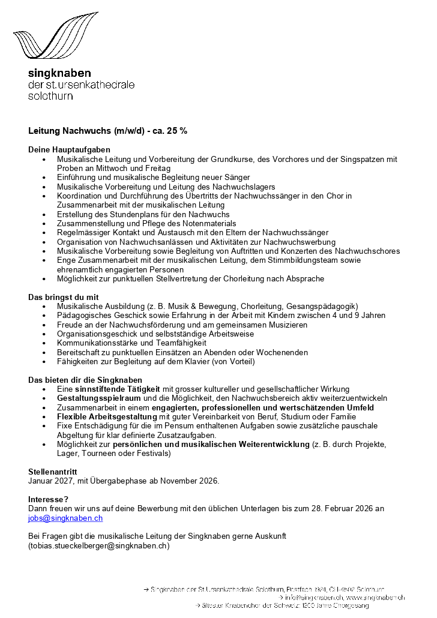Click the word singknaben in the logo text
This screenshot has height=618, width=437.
pyautogui.click(x=59, y=73)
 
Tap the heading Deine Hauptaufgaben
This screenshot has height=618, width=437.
pyautogui.click(x=69, y=149)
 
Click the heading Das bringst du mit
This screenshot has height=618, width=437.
pyautogui.click(x=63, y=297)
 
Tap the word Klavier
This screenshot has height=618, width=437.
pyautogui.click(x=185, y=361)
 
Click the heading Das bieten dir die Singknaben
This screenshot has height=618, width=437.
pyautogui.click(x=85, y=380)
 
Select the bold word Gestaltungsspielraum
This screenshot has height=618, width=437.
pyautogui.click(x=98, y=398)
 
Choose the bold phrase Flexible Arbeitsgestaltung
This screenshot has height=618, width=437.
pyautogui.click(x=107, y=416)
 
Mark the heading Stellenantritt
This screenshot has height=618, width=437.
pyautogui.click(x=53, y=472)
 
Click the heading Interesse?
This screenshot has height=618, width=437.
pyautogui.click(x=49, y=499)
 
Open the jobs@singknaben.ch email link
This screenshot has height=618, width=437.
pyautogui.click(x=65, y=518)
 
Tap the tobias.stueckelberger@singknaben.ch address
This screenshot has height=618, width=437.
pyautogui.click(x=99, y=545)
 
